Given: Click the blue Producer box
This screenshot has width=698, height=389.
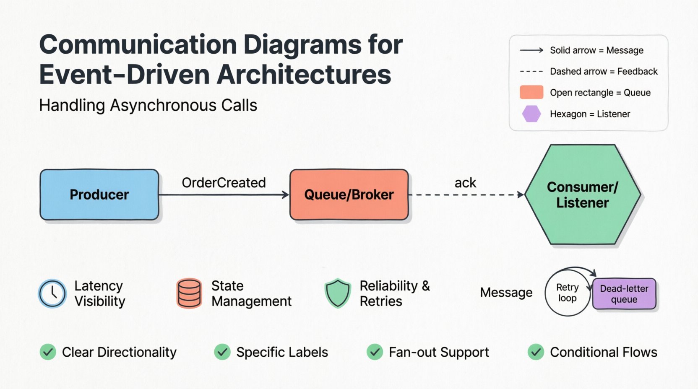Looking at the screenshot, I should (x=99, y=194).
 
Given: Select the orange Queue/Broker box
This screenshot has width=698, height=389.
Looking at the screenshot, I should (x=349, y=194).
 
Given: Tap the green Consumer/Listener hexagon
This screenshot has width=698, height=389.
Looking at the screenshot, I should (x=582, y=194).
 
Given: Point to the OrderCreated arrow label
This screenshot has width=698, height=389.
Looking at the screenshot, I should (x=224, y=183).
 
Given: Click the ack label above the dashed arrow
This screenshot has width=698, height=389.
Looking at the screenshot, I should (x=465, y=183).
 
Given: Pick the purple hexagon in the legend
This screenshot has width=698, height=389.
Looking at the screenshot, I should (x=531, y=114).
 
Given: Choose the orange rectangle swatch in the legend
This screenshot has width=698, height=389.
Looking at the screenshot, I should (x=531, y=92).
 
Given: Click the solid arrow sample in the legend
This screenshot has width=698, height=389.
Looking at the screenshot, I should (x=531, y=50).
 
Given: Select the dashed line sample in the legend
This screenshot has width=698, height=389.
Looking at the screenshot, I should (x=531, y=72).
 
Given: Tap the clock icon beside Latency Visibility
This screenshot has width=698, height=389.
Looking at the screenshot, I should (x=52, y=293).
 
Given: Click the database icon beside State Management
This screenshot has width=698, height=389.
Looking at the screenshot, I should (x=189, y=293).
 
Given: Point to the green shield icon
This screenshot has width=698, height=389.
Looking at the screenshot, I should (x=338, y=293).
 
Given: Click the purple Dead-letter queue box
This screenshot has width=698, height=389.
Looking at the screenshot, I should (x=624, y=294).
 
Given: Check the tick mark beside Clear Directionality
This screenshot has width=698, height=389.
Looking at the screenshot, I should (x=48, y=352).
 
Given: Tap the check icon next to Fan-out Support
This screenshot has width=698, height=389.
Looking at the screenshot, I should (x=375, y=352).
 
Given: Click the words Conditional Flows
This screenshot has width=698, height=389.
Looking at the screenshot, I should (x=603, y=352).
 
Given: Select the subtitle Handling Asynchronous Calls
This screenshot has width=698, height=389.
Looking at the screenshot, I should (x=148, y=105).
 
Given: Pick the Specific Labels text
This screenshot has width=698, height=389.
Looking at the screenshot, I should (x=282, y=352).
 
